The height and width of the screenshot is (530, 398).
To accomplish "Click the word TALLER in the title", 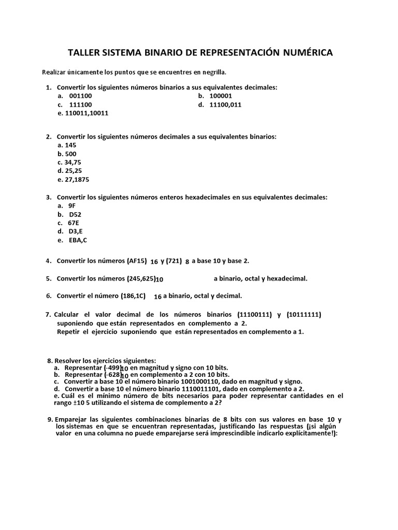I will tap(84, 53).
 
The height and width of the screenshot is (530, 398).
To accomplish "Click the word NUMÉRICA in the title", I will tap(303, 53).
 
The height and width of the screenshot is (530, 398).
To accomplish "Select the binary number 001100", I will tap(80, 96).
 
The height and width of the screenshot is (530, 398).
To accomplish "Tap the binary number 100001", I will tap(221, 96).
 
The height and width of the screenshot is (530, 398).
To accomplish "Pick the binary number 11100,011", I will tap(225, 104).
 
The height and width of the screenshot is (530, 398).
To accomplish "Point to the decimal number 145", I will tap(70, 145).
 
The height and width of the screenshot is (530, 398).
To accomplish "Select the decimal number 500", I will tap(70, 154).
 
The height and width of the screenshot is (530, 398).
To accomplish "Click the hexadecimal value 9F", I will tap(72, 205).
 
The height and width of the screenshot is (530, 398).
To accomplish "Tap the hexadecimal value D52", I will tap(75, 214).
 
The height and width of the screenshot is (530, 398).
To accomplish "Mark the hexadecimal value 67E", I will tap(74, 223).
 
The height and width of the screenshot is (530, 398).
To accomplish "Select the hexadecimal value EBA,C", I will tap(78, 240).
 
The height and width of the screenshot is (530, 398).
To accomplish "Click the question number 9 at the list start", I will tap(49, 419).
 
